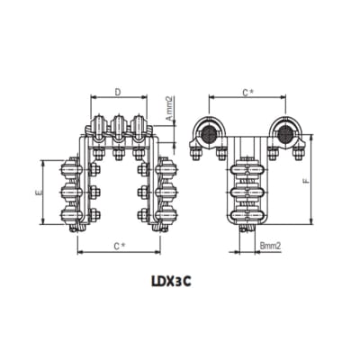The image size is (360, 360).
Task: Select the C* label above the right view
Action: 247,93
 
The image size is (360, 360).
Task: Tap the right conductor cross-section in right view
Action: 284,134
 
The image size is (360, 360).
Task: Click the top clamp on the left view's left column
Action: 70,169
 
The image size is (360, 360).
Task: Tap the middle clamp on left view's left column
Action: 70,192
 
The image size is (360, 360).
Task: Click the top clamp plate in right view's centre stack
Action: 248,169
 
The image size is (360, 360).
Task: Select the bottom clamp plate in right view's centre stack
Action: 248,214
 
